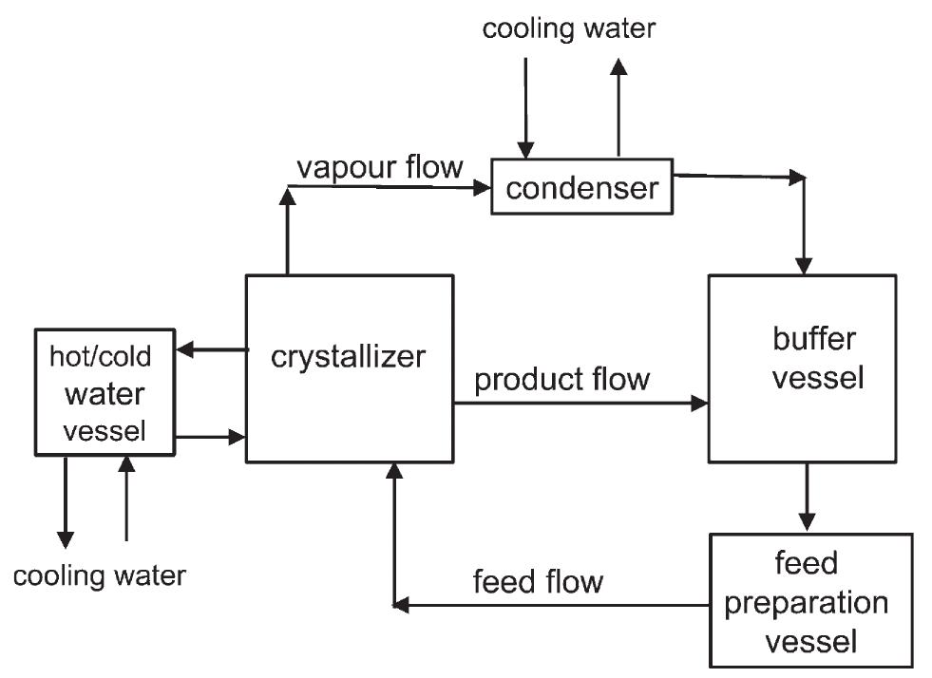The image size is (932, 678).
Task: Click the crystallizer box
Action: pos(349,368)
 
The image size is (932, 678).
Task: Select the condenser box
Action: pos(580,186)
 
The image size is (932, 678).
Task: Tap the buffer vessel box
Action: pos(802,367)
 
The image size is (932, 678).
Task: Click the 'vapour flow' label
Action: pos(379,167)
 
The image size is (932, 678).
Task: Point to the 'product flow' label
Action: pos(562,380)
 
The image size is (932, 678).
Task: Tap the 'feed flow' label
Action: pos(538,580)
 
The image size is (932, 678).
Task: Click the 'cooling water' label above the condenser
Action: pos(568,28)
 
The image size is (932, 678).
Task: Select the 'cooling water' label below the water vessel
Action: pos(100,574)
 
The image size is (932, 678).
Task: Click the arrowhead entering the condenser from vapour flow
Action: pos(482,188)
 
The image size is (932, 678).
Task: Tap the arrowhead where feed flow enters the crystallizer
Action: pos(394,472)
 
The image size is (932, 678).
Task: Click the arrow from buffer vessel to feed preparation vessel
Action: pos(807,496)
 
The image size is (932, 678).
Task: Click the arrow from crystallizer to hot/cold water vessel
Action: pos(211,350)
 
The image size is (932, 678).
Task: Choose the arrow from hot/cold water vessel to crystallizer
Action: pos(211,437)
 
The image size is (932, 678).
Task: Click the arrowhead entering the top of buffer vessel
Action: pos(806,264)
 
